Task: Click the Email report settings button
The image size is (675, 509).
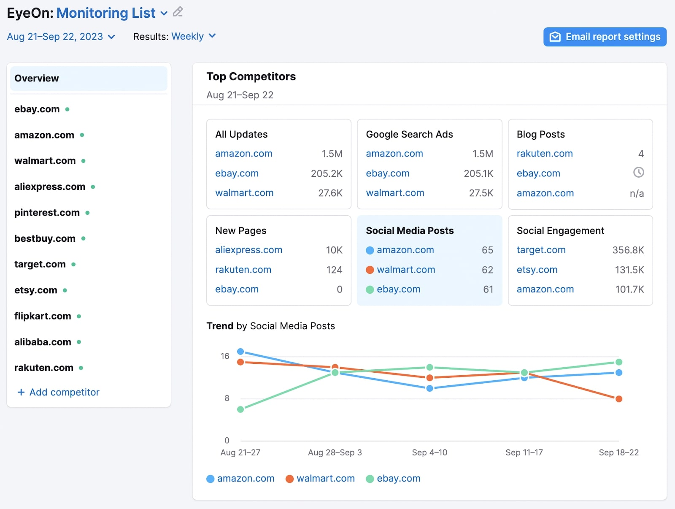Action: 605,37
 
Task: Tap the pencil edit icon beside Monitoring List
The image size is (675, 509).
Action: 178,12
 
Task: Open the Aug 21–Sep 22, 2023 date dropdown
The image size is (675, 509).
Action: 61,37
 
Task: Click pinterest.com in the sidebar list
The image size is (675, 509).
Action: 47,213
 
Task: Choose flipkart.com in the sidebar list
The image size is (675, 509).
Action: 43,316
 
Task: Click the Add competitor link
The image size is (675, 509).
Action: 59,392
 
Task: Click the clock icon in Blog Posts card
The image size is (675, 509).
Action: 638,172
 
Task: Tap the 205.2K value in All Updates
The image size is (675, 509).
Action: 326,173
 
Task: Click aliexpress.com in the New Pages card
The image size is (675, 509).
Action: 248,250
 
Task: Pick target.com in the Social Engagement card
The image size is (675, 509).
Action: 541,250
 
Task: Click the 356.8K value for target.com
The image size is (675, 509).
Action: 628,250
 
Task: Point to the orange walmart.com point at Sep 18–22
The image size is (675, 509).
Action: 618,399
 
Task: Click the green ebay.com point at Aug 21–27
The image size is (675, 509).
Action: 240,409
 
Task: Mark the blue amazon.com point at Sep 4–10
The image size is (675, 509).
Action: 429,388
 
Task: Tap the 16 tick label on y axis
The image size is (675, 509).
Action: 225,356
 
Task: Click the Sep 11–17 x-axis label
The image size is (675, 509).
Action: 524,452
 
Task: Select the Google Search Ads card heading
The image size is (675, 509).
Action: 409,134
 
